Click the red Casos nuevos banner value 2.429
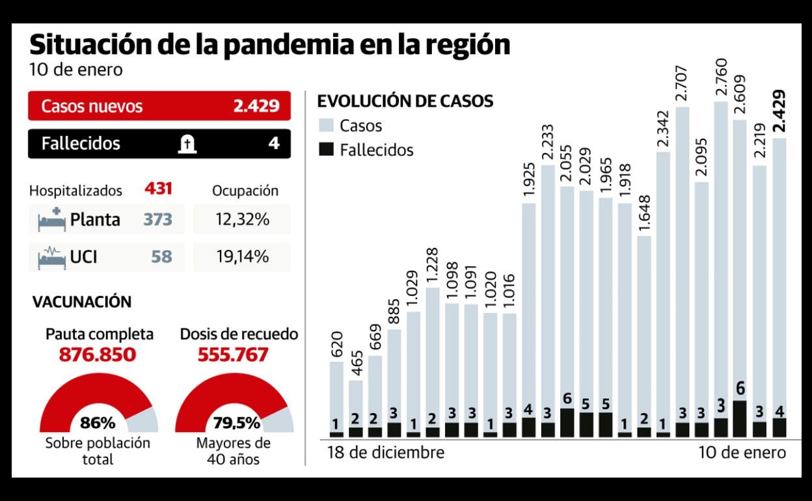[x=256, y=107]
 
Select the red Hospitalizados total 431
[x=158, y=190]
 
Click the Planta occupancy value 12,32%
[x=242, y=220]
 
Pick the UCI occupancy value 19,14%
[x=242, y=257]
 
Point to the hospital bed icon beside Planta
[x=52, y=219]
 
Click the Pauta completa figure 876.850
[x=99, y=355]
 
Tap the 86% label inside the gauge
[x=98, y=423]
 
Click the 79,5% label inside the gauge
[x=236, y=423]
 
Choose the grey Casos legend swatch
[x=327, y=126]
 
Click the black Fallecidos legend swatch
[x=327, y=150]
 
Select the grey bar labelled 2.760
[x=720, y=260]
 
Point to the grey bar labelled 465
[x=356, y=403]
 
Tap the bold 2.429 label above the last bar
[x=778, y=111]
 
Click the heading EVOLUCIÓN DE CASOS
[x=404, y=102]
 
